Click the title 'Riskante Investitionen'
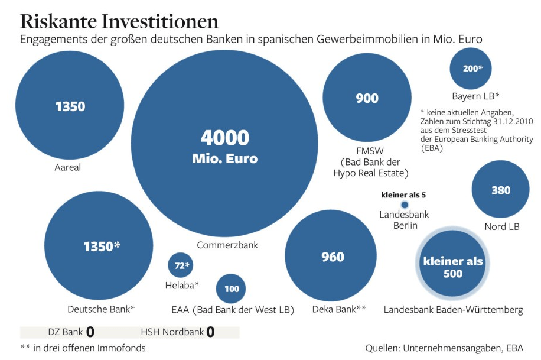(119, 21)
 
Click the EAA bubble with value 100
(232, 288)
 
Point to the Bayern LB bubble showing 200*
(472, 69)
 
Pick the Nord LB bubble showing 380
(501, 190)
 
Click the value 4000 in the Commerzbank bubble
(225, 138)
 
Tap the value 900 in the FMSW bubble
(367, 99)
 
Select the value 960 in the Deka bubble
(333, 257)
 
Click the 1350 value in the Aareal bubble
(70, 107)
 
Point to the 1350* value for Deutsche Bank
(102, 246)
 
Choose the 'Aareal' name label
(67, 167)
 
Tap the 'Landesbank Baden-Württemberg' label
(453, 310)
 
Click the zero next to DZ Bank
(90, 332)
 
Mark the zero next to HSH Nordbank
(210, 332)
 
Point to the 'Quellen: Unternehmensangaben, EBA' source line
(444, 348)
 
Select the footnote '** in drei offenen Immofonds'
(83, 348)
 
